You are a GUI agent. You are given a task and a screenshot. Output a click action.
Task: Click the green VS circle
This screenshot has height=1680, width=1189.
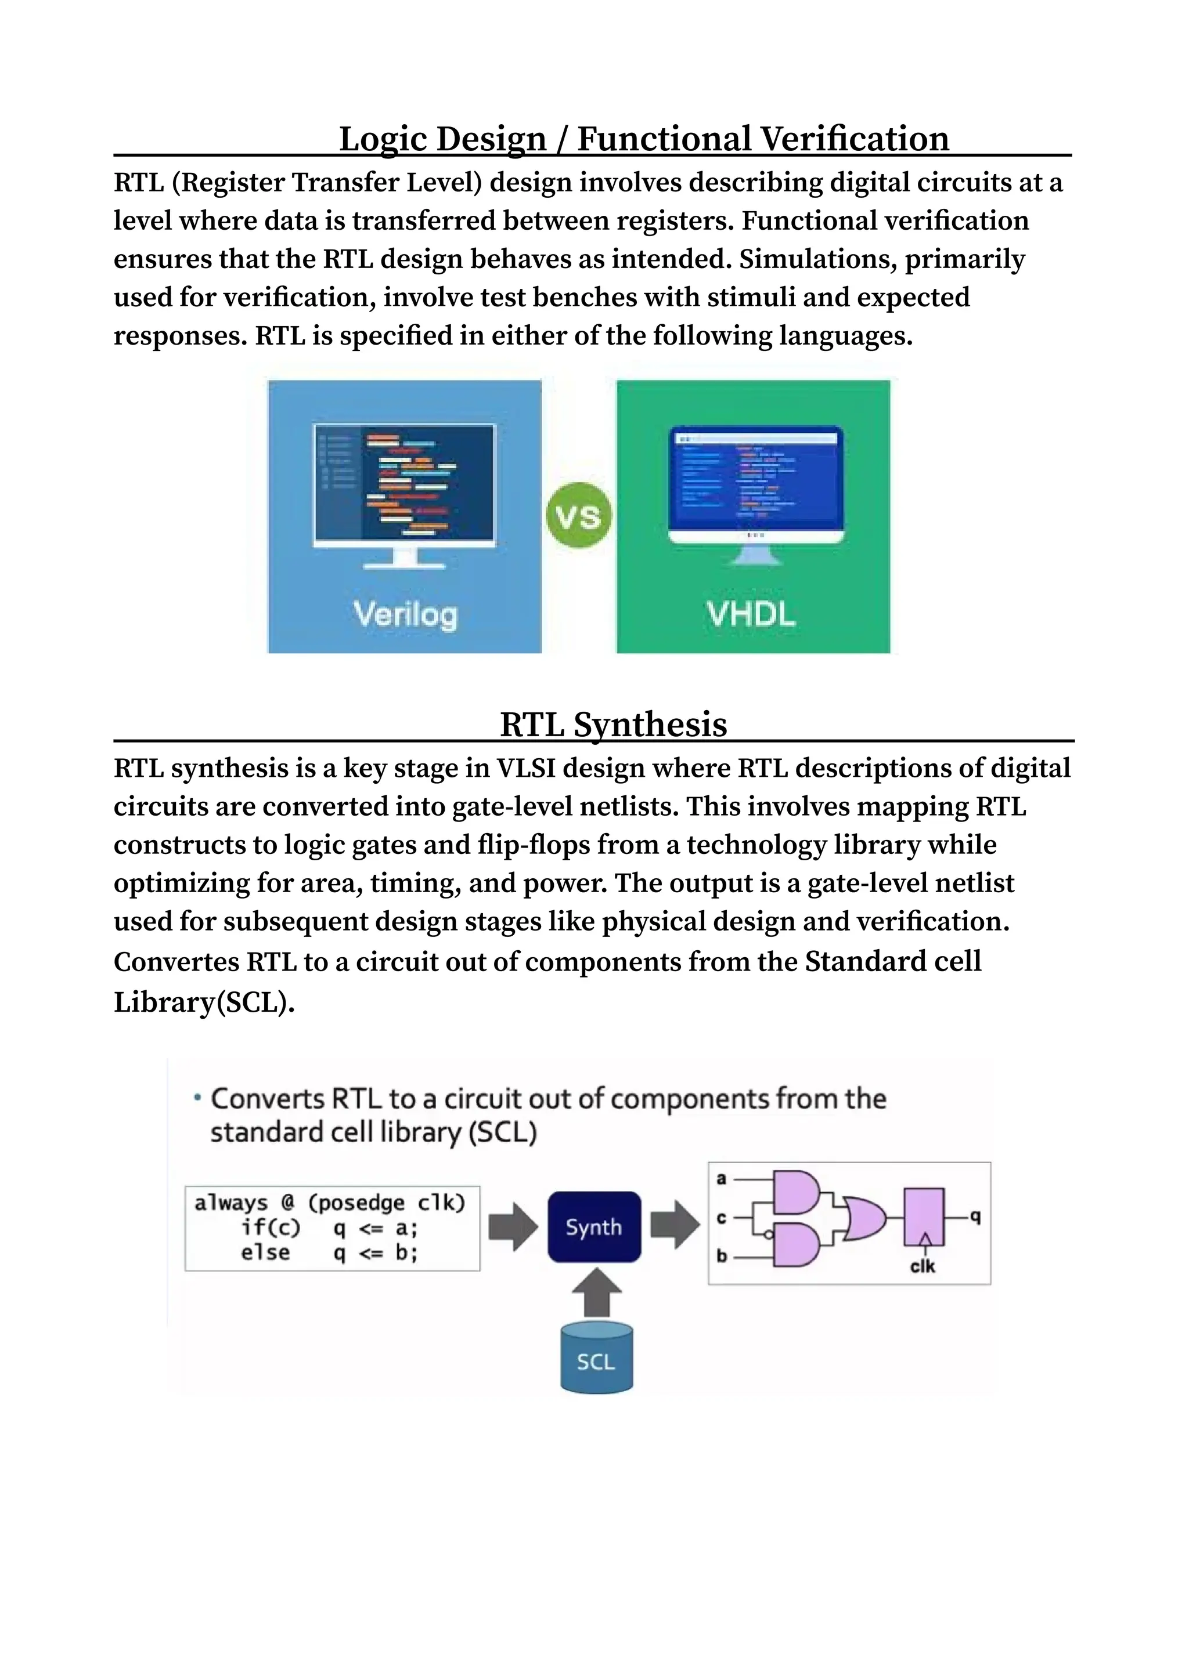coord(578,516)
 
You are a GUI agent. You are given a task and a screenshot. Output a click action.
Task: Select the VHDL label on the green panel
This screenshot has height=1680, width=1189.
coord(751,613)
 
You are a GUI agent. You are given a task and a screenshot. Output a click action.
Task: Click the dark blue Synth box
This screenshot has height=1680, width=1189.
coord(594,1227)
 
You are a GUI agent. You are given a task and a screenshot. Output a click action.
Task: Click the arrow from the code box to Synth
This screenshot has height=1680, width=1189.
coord(513,1227)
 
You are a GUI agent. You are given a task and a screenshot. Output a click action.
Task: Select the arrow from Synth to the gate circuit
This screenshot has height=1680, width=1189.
coord(674,1225)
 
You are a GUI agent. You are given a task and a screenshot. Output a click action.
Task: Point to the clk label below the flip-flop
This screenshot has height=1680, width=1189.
coord(923,1266)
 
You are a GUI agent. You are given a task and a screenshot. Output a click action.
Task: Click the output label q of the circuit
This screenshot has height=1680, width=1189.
coord(975,1216)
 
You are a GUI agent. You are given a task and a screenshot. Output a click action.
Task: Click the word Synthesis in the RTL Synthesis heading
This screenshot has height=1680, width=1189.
coord(650,725)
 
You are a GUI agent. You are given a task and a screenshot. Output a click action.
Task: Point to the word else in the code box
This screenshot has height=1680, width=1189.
coord(265,1252)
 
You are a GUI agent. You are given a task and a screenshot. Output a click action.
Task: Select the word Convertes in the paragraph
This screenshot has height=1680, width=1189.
coord(176,961)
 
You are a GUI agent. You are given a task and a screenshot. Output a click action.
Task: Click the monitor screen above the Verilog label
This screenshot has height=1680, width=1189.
coord(405,482)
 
